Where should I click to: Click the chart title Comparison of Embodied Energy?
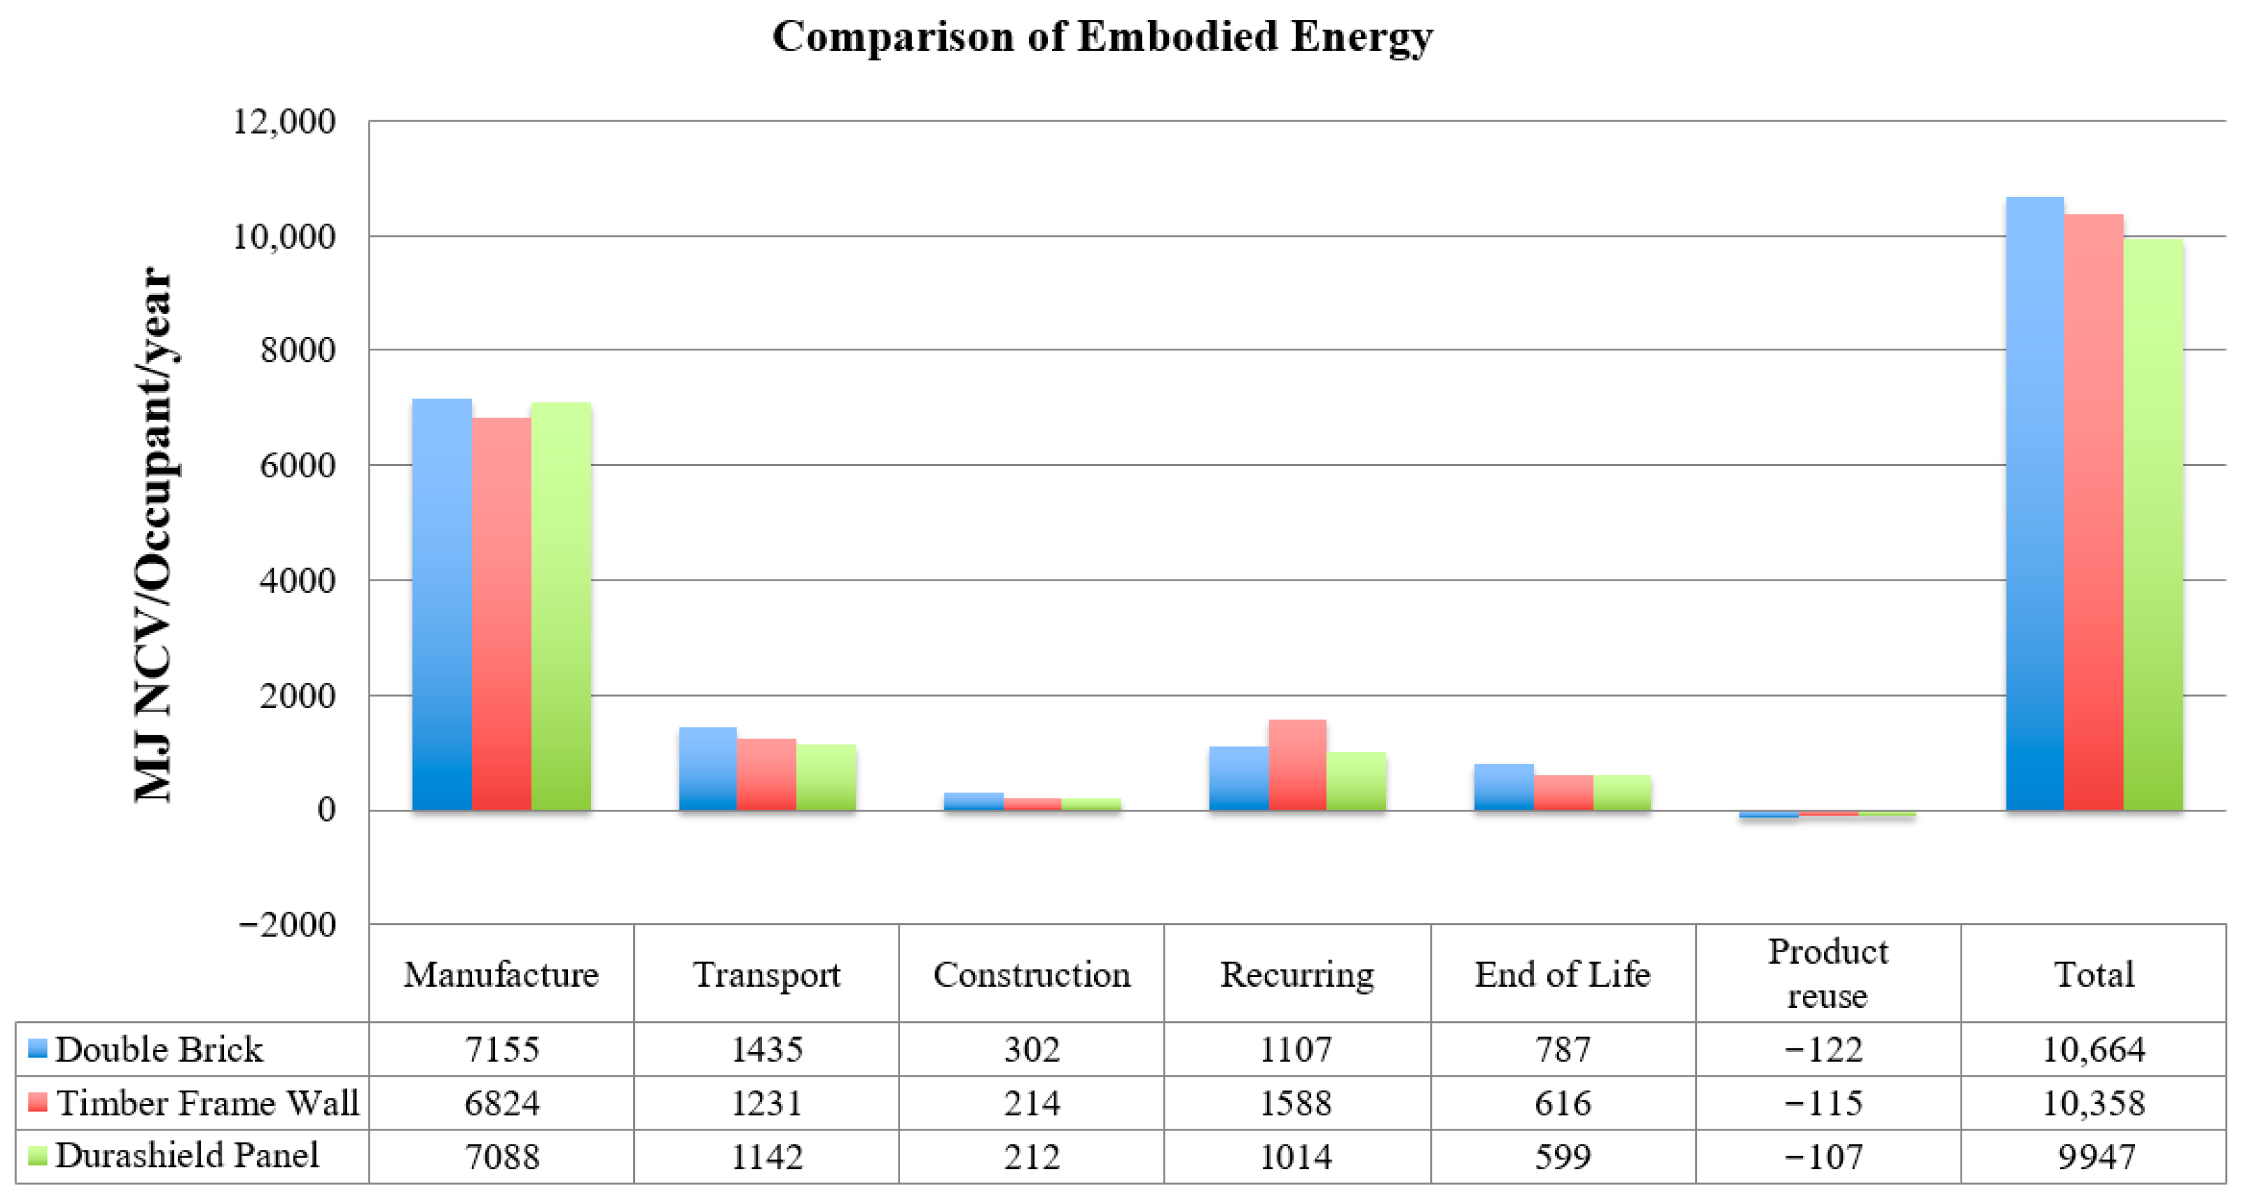(x=1102, y=37)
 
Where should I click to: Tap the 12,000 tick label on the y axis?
(x=283, y=121)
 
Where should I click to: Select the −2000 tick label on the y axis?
(x=286, y=924)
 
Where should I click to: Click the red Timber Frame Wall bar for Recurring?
(x=1297, y=765)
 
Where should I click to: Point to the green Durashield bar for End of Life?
(x=1622, y=793)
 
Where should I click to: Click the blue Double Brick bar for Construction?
(x=973, y=801)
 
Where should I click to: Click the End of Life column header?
(x=1562, y=975)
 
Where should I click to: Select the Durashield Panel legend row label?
(x=187, y=1155)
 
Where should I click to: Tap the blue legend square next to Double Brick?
(x=37, y=1048)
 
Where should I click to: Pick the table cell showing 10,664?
(x=2093, y=1049)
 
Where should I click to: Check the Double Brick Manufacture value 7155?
(x=501, y=1049)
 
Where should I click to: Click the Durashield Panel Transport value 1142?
(x=767, y=1156)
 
